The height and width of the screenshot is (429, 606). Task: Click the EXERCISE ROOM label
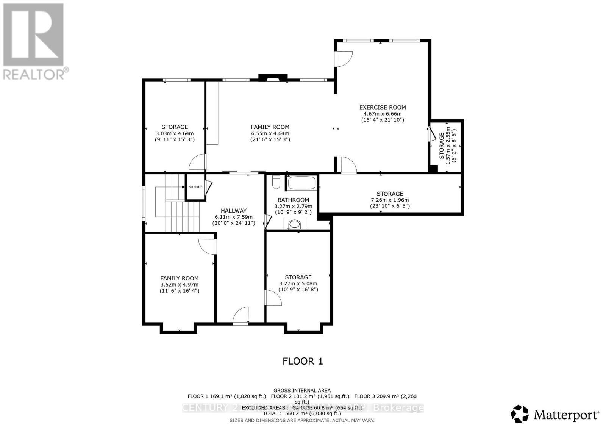pos(383,107)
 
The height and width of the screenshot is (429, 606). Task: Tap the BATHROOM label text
pos(293,200)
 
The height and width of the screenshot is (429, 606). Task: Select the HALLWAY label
pos(234,210)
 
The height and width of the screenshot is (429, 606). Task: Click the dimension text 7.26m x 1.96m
pos(390,200)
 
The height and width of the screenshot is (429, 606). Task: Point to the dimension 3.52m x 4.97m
pos(179,284)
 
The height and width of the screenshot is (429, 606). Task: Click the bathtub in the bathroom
pos(301,183)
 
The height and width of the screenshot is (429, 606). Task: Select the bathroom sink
pos(294,224)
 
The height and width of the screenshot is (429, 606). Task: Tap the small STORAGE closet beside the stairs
pos(195,187)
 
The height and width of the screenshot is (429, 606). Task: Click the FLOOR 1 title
pos(303,361)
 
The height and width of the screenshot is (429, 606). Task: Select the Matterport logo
pos(555,414)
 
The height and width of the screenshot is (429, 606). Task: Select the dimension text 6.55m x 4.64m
pos(270,133)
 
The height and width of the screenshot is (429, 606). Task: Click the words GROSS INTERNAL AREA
pos(302,390)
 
